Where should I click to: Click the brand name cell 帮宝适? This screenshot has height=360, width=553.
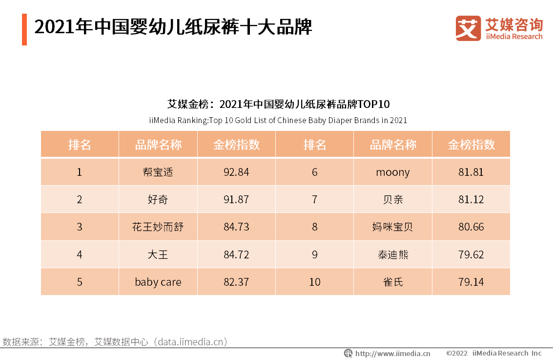(158, 172)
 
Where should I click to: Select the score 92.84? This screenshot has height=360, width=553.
(236, 172)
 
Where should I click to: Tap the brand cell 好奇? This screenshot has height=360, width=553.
(158, 199)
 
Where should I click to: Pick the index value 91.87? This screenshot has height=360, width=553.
(236, 199)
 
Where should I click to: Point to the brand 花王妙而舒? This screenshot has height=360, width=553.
(158, 227)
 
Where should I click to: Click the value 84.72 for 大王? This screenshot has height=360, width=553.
(236, 254)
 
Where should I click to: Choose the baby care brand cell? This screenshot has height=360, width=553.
(158, 282)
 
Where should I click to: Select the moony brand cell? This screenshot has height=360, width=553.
(392, 172)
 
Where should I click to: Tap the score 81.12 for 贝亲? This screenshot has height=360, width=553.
(471, 199)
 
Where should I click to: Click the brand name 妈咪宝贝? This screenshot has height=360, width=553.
(392, 227)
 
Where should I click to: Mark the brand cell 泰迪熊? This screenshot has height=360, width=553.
(392, 254)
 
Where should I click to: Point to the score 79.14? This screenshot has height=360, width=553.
(471, 282)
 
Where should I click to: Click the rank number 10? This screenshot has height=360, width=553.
(315, 282)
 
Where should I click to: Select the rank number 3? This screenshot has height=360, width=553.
(80, 227)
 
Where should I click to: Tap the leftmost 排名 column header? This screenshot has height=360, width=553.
(80, 145)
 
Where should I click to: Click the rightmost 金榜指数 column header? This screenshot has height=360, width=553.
(471, 145)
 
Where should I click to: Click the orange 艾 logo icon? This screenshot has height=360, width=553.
(468, 28)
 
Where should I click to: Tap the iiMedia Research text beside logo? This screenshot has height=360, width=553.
(514, 37)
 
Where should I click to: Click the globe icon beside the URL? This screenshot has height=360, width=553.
(348, 353)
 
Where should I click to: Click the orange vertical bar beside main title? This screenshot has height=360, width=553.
(24, 29)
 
